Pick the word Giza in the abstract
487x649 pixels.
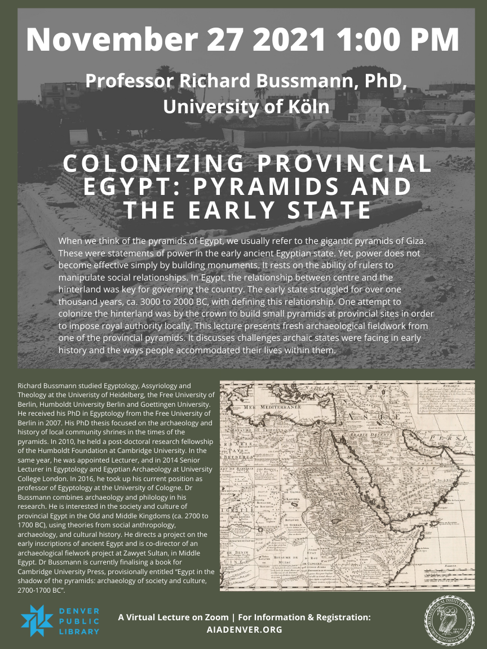(409, 241)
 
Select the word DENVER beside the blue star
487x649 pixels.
(78, 611)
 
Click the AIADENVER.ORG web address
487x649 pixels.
(244, 630)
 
